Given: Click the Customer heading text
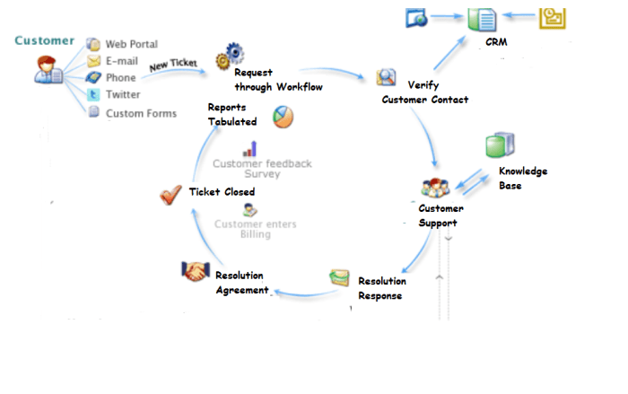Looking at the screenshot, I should click(45, 40).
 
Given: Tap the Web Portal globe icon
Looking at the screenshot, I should click(93, 44).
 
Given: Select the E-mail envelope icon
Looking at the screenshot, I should click(93, 61).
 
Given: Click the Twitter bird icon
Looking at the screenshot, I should click(93, 95).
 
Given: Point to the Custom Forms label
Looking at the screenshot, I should click(141, 113).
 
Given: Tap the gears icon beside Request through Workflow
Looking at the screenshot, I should click(223, 59).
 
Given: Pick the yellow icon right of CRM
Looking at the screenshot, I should click(552, 18).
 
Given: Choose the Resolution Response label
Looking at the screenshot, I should click(381, 288).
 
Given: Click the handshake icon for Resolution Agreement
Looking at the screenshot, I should click(196, 271).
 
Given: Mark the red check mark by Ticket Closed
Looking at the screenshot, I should click(170, 194).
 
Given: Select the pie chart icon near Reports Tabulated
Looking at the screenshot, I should click(283, 117).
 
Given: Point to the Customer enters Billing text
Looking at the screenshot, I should click(255, 230).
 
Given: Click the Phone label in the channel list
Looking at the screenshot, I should click(121, 78).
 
